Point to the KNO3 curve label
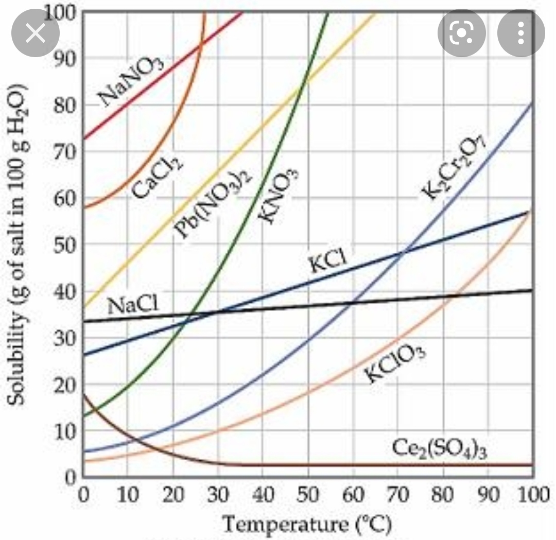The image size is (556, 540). click(x=278, y=196)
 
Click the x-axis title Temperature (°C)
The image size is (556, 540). click(x=307, y=525)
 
